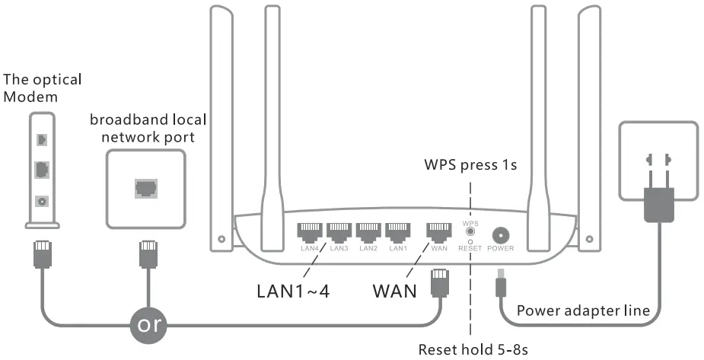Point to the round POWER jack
click(x=501, y=234)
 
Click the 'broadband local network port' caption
click(x=148, y=128)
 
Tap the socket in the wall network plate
click(x=145, y=187)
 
